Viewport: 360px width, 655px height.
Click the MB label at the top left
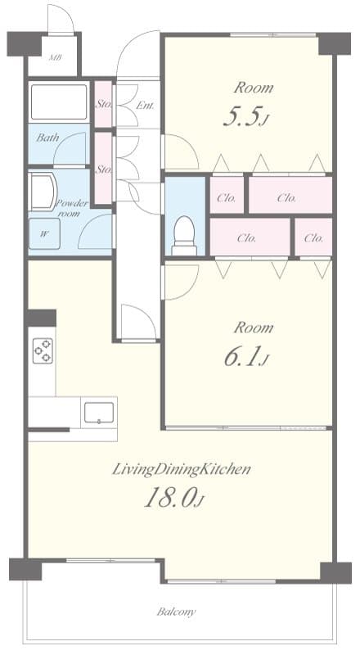(x=56, y=58)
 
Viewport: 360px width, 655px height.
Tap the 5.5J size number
(x=245, y=118)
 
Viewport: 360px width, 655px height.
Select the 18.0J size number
(x=173, y=498)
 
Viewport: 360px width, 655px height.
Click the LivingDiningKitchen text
(x=181, y=470)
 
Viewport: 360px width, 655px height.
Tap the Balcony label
(x=177, y=612)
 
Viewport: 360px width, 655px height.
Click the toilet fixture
(x=185, y=233)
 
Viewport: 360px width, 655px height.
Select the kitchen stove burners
(x=43, y=350)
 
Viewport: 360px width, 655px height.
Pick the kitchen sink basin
(x=98, y=412)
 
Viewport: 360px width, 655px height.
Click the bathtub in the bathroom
(x=59, y=102)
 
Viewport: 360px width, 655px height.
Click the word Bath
(x=47, y=138)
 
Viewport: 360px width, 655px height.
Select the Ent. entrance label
(x=146, y=105)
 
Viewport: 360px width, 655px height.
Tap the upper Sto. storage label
(x=103, y=104)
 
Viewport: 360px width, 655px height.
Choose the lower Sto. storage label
(x=103, y=169)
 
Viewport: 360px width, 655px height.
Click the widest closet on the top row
(x=289, y=196)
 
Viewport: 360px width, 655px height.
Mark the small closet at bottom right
(x=313, y=238)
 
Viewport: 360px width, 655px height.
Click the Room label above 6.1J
(x=253, y=327)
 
